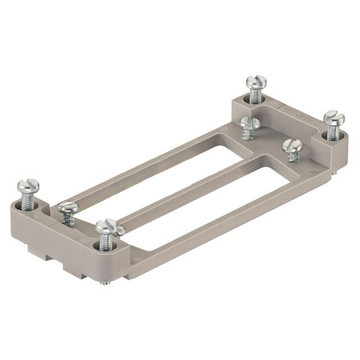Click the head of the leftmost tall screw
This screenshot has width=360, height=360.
pyautogui.click(x=28, y=186)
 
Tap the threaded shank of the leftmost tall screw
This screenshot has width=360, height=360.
pyautogui.click(x=28, y=201)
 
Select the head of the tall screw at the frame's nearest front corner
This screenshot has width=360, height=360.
pyautogui.click(x=105, y=227)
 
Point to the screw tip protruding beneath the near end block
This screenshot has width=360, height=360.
pyautogui.click(x=103, y=282)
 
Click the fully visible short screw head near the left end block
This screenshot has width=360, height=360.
pyautogui.click(x=68, y=208)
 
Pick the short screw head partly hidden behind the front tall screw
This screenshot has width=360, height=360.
pyautogui.click(x=119, y=229)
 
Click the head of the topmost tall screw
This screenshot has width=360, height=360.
pyautogui.click(x=256, y=83)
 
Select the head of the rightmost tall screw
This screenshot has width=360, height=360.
pyautogui.click(x=334, y=118)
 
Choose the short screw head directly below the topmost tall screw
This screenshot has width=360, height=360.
pyautogui.click(x=249, y=123)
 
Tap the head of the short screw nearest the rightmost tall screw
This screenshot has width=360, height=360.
pyautogui.click(x=292, y=146)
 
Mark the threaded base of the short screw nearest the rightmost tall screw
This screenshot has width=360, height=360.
pyautogui.click(x=293, y=157)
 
